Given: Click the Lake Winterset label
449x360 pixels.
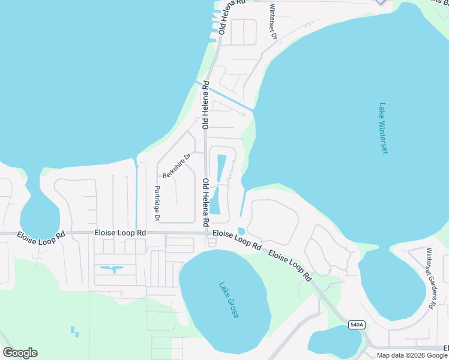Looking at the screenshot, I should pos(384,128).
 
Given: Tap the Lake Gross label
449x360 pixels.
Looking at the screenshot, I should pos(229,300).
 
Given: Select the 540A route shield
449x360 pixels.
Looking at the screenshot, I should pos(356,325).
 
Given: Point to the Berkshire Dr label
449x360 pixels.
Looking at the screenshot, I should pos(176,166).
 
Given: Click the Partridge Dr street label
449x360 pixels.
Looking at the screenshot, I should pos(157,203).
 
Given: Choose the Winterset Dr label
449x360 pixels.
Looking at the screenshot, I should pos(273,22).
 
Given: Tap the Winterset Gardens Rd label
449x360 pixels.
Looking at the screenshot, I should pos(430,278).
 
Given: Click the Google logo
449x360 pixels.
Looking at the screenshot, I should pos(20,353).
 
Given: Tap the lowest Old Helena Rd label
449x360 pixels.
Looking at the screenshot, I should pos(205,202).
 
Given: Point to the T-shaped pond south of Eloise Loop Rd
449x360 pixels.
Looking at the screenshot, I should pos(113,269).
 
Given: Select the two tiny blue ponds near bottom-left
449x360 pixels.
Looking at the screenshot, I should pos(74,331).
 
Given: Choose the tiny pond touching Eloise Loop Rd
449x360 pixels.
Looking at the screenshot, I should pos(241,231).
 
